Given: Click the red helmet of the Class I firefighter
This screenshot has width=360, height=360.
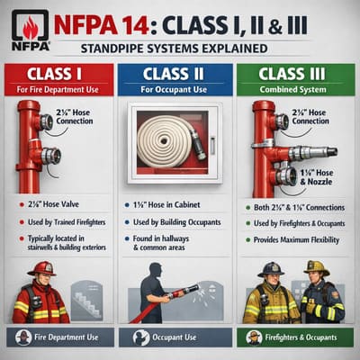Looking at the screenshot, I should pos(40,269).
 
